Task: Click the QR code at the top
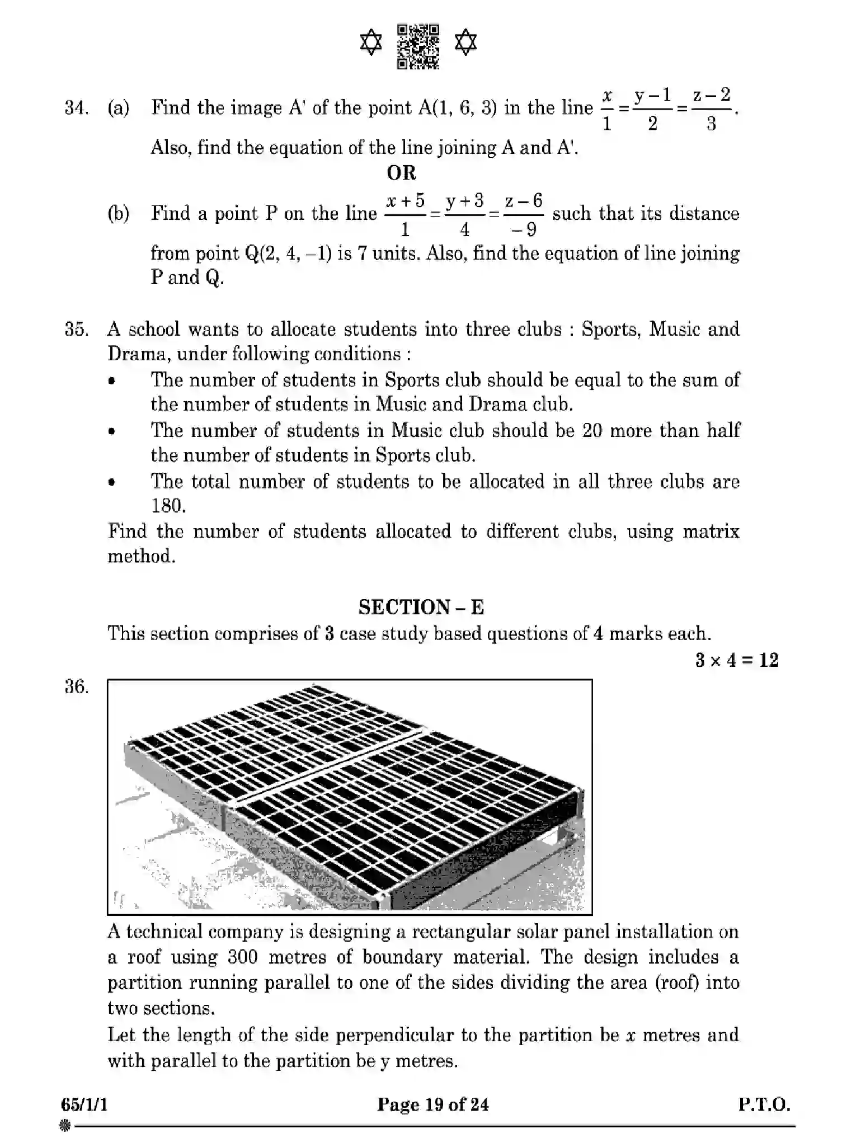click(x=418, y=46)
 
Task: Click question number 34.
click(x=76, y=107)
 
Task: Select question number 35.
click(x=76, y=329)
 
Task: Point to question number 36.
click(x=76, y=686)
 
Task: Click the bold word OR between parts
click(x=401, y=173)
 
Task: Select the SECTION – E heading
click(x=421, y=607)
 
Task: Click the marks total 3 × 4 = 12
click(x=736, y=660)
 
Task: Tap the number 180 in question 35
click(x=168, y=506)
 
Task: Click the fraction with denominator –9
click(x=523, y=214)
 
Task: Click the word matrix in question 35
click(x=711, y=532)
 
